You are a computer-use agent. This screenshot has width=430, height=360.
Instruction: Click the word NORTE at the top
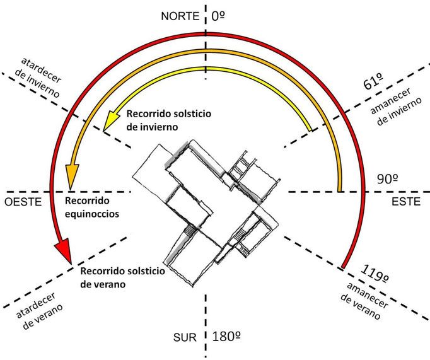coord(180,15)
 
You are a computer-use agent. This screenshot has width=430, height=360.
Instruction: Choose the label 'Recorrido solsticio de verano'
coord(123,277)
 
